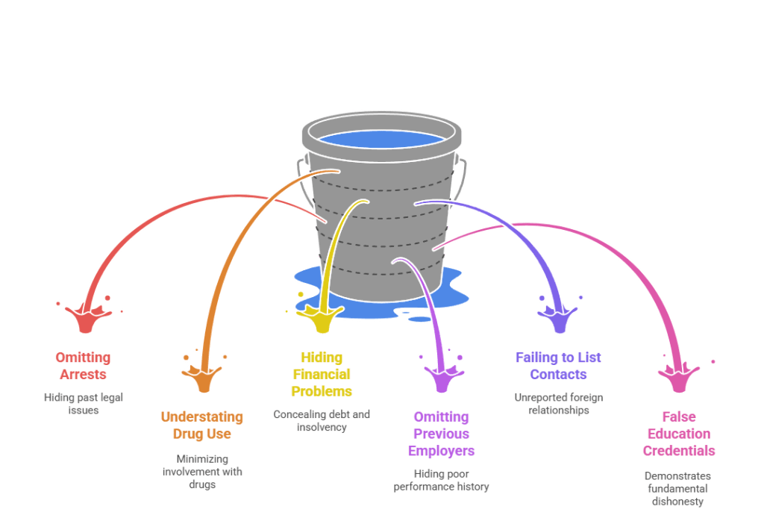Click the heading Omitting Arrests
(x=82, y=366)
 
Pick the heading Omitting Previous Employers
(x=441, y=434)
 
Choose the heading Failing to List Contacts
(x=558, y=366)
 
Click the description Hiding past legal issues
(x=82, y=404)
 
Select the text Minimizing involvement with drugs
(x=201, y=472)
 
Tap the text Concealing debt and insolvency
(x=321, y=421)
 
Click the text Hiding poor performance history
(x=441, y=481)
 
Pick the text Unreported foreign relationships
(x=558, y=404)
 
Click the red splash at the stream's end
(x=87, y=319)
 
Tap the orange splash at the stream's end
(x=203, y=378)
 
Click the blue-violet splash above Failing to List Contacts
(x=559, y=319)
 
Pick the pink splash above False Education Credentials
(x=678, y=378)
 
